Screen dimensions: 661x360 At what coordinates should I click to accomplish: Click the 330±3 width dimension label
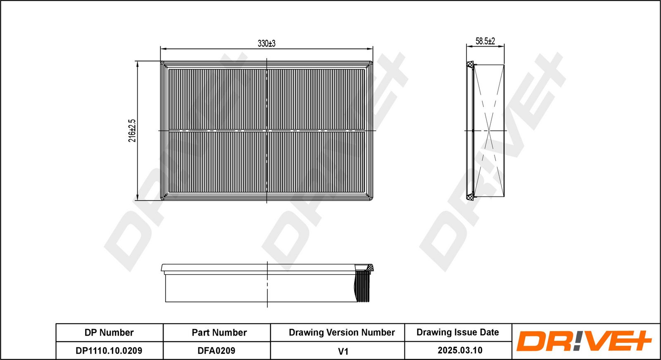[266, 43]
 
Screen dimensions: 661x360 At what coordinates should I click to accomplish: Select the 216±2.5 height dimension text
[132, 130]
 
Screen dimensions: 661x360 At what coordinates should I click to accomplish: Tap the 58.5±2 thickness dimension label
[485, 41]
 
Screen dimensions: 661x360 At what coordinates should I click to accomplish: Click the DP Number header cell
[109, 333]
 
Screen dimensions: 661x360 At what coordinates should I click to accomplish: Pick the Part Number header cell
[219, 333]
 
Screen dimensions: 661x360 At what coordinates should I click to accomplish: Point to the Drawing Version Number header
[342, 333]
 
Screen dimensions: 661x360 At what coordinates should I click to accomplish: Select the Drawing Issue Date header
[458, 332]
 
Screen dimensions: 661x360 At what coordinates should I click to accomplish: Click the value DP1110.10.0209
[109, 351]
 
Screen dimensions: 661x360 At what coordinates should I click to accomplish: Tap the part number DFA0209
[216, 351]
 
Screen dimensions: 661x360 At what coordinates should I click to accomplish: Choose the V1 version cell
[343, 351]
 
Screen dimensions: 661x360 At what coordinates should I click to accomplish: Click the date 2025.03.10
[460, 350]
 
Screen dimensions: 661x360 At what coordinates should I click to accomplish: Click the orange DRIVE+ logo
[584, 341]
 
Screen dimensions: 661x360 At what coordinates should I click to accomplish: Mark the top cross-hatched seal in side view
[470, 65]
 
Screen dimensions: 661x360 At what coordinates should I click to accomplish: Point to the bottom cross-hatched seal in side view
[470, 197]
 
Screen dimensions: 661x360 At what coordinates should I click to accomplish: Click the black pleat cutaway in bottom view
[363, 287]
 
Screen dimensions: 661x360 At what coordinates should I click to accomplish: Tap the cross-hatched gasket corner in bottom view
[369, 268]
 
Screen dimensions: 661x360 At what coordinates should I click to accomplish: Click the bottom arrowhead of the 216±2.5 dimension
[137, 197]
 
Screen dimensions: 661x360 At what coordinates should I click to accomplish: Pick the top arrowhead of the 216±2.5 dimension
[137, 64]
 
